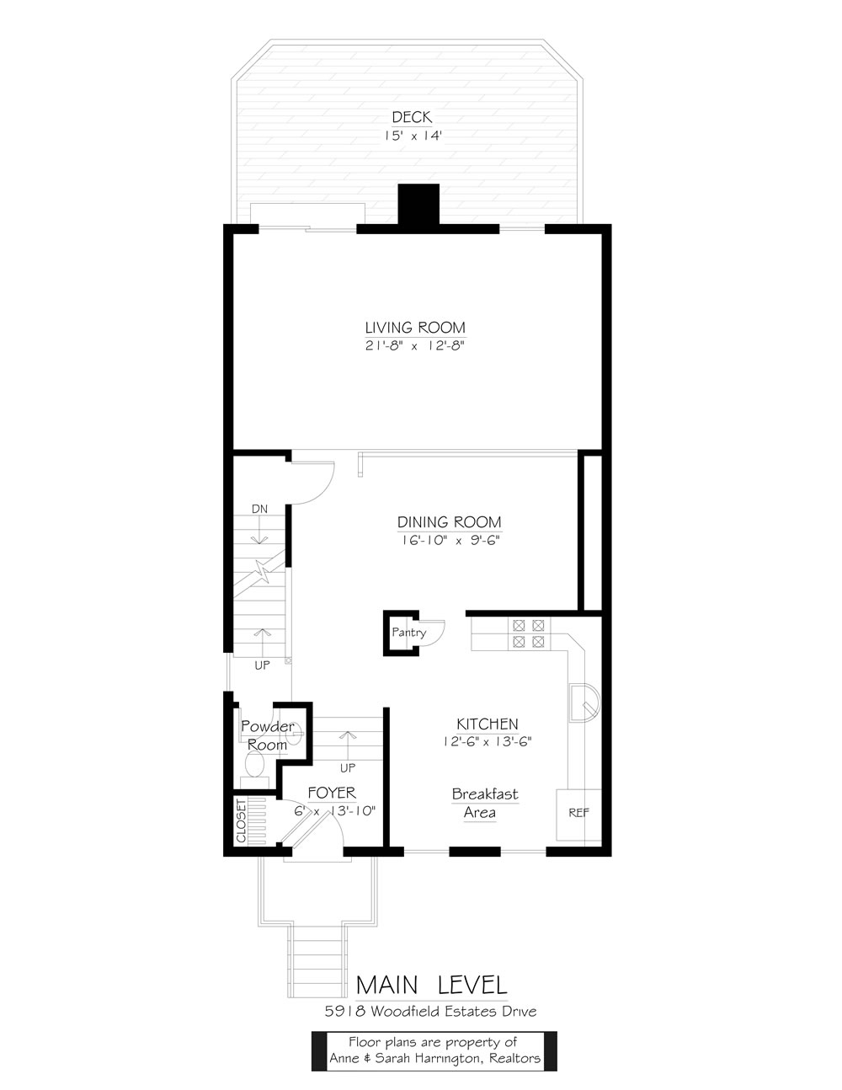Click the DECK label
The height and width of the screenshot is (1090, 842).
click(x=412, y=117)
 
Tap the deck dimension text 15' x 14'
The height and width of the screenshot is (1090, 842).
click(x=413, y=136)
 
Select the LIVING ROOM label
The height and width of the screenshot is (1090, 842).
click(x=415, y=328)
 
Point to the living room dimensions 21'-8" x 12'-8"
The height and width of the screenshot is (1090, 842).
click(x=415, y=345)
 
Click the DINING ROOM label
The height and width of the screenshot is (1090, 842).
click(x=449, y=522)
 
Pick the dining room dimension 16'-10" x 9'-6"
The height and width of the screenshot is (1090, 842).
click(x=450, y=540)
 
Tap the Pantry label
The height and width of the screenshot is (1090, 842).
click(x=409, y=632)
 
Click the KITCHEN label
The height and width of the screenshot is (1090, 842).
click(x=488, y=724)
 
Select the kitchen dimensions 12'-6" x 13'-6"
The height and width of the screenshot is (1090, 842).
click(x=488, y=741)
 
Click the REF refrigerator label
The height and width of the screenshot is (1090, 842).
click(x=579, y=813)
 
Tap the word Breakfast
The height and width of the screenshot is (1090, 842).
click(x=485, y=794)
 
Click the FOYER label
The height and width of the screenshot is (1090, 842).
click(x=332, y=793)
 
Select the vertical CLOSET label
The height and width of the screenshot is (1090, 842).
click(x=241, y=821)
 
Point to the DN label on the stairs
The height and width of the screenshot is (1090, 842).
click(x=259, y=509)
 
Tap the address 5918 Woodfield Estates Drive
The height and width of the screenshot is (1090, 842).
click(x=430, y=1012)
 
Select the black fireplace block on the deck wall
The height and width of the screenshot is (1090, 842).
click(x=418, y=204)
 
